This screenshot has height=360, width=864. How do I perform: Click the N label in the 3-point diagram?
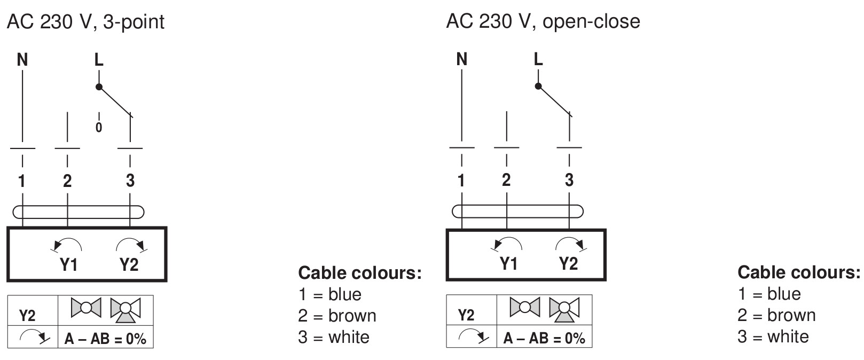click(22, 60)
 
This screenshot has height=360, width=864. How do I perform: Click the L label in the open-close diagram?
click(538, 59)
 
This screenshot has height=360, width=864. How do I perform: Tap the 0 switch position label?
click(99, 127)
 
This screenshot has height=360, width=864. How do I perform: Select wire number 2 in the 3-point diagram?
click(67, 181)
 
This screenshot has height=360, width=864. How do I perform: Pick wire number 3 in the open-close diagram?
click(569, 180)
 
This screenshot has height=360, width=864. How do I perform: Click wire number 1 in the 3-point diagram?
click(22, 181)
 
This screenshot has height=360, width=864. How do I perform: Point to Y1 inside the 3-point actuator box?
click(68, 264)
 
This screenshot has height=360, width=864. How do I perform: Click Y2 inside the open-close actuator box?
click(568, 263)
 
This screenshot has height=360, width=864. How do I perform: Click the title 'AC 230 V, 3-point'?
click(85, 22)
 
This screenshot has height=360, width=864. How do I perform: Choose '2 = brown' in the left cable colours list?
click(337, 316)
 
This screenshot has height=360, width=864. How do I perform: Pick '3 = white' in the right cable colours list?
click(773, 336)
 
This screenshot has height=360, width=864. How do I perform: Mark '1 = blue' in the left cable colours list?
click(329, 294)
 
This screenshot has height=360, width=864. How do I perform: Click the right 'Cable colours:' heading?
click(799, 272)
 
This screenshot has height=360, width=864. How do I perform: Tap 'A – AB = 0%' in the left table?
click(105, 339)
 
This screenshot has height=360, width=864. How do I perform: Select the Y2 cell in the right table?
click(466, 315)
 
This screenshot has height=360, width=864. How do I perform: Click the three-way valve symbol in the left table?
click(125, 309)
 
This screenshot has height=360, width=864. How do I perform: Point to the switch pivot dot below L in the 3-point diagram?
click(99, 86)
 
